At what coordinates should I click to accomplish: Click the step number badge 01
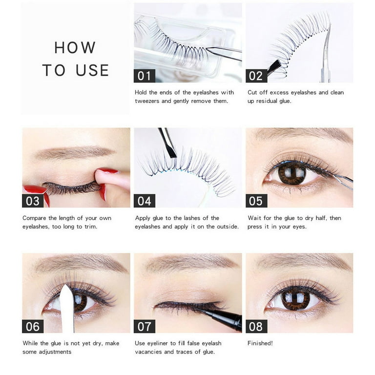click(145, 76)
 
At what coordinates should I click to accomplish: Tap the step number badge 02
click(256, 76)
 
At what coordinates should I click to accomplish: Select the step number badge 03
click(33, 201)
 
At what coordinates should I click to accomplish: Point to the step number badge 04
click(145, 201)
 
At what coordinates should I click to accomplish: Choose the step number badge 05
click(256, 201)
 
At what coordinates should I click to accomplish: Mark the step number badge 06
click(33, 326)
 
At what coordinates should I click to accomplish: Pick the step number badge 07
click(145, 326)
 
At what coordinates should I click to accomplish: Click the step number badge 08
click(256, 326)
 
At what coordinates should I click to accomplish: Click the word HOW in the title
click(75, 47)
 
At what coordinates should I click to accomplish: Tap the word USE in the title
click(92, 70)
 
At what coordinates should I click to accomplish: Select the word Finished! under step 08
click(260, 343)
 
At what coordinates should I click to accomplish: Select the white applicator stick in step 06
click(67, 309)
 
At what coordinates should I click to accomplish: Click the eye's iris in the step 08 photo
click(295, 298)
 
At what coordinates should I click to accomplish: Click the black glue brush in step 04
click(167, 143)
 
